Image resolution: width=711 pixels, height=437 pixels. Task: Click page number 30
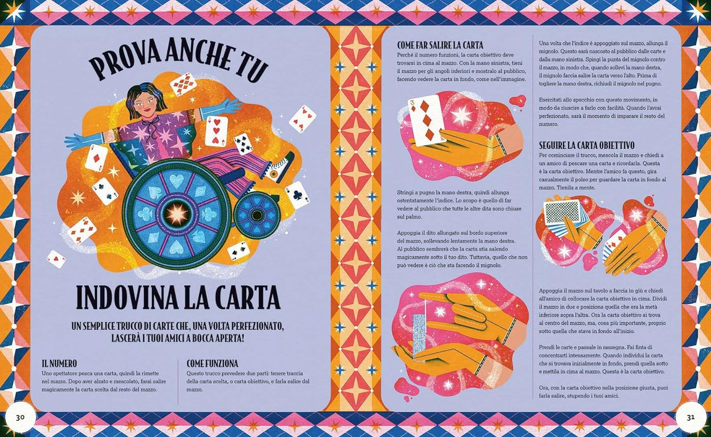[x=20, y=417]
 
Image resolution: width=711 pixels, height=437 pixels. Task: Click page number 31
[x=690, y=417]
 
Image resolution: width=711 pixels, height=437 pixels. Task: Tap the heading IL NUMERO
[x=60, y=364]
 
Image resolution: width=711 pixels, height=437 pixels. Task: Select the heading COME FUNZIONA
[x=212, y=364]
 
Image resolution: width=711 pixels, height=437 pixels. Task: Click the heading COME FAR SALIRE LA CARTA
[x=440, y=45]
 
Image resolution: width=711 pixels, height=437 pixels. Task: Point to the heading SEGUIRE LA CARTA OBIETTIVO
[x=587, y=146]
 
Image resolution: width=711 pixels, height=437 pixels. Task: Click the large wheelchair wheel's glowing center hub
[x=176, y=212]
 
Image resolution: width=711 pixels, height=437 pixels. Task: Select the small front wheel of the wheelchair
[x=256, y=215]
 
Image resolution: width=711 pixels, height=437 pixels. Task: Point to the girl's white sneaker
[x=279, y=168]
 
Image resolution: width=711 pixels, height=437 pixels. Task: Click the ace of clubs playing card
[x=297, y=195]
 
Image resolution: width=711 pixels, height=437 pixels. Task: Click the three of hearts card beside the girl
[x=216, y=131]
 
